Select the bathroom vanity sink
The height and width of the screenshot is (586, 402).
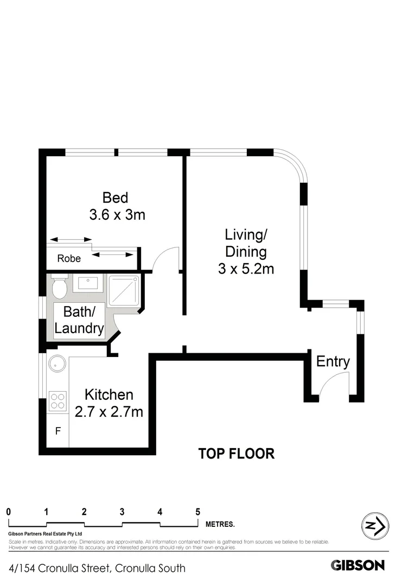[87, 283]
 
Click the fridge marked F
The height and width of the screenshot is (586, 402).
[58, 432]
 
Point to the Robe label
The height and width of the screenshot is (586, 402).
[69, 259]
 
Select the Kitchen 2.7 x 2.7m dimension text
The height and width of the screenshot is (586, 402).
[109, 411]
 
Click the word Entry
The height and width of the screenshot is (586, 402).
[333, 361]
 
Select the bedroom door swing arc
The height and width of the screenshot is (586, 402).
[165, 255]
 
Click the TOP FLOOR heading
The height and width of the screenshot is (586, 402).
[236, 454]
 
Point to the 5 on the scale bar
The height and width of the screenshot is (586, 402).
[197, 511]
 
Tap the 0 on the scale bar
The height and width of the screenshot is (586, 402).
[9, 511]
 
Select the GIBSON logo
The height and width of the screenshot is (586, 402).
[358, 565]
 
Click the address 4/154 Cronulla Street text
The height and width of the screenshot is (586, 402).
[98, 568]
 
